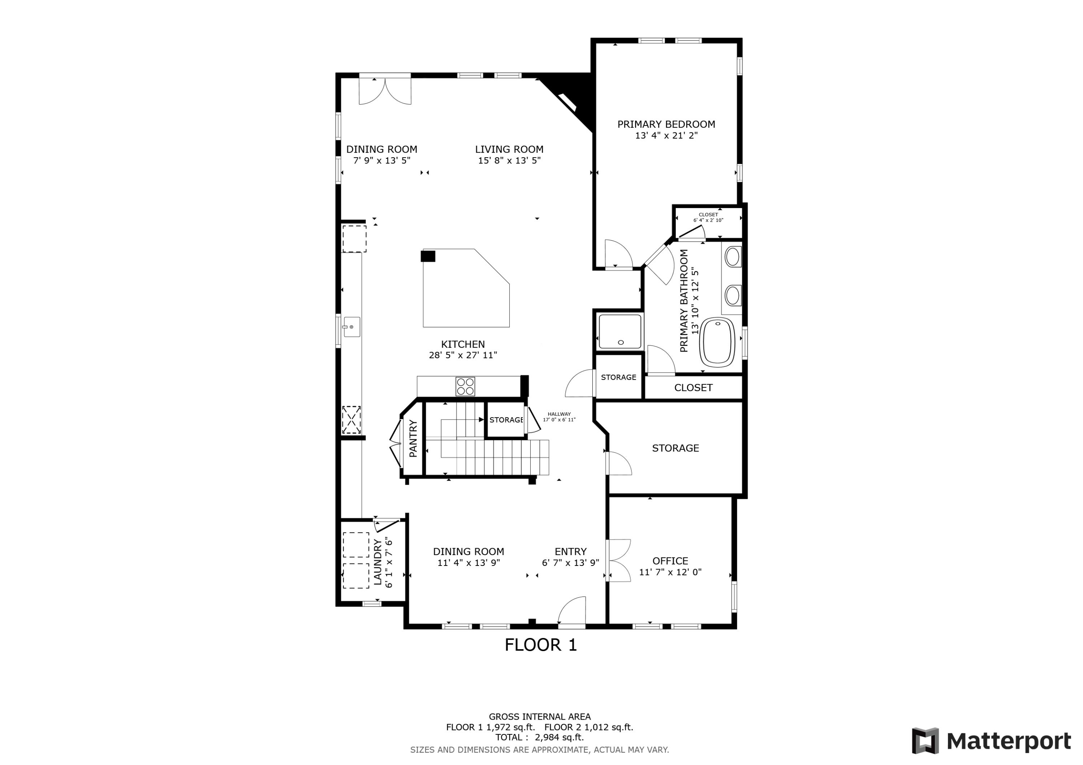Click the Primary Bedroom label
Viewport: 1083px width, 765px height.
pos(666,124)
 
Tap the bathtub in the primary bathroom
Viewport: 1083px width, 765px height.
pos(717,342)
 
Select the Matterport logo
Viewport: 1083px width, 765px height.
pos(991,741)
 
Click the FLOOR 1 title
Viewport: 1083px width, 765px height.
pos(540,645)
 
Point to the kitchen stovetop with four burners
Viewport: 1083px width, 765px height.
pos(465,387)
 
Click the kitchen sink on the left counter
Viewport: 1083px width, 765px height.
pos(351,327)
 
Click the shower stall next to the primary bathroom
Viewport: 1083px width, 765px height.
pos(620,332)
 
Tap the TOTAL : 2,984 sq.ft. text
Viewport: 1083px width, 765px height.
pos(539,737)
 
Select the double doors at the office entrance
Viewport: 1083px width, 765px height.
pos(619,560)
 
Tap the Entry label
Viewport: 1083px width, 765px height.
pos(570,551)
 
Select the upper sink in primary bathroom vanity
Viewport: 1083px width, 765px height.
pos(732,258)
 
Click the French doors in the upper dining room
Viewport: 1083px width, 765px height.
pos(385,91)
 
